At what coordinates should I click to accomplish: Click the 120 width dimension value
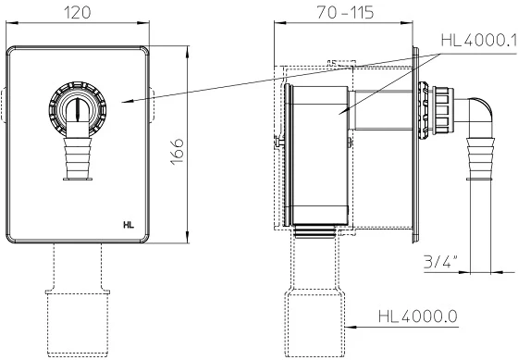tap(77, 13)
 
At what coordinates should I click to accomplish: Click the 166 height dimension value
tap(177, 152)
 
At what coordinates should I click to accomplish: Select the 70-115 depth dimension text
tap(346, 13)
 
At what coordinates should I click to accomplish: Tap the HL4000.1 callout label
tap(479, 41)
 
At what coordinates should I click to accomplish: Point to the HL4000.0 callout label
tap(418, 317)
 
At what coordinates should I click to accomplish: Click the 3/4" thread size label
tap(440, 262)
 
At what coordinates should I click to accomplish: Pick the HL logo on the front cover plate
tap(129, 225)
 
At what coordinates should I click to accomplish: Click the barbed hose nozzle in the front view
tap(78, 159)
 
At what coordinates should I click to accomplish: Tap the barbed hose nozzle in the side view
tap(480, 159)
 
